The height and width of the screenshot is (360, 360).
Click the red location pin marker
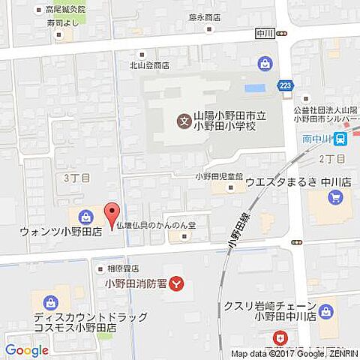pos(111,214)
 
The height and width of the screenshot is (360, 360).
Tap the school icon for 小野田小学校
pos(182,120)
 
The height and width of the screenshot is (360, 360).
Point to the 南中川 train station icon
pos(340,138)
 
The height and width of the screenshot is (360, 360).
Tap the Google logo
pos(27,350)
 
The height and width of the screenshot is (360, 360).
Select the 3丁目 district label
pos(76,178)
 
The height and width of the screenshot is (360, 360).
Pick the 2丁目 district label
pos(331,158)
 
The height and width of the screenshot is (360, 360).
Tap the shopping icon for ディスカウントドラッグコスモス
pos(51,302)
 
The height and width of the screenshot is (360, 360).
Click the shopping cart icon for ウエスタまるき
pos(335,197)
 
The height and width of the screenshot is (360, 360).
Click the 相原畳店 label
pos(122,268)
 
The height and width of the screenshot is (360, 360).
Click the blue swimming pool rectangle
pos(255,88)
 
